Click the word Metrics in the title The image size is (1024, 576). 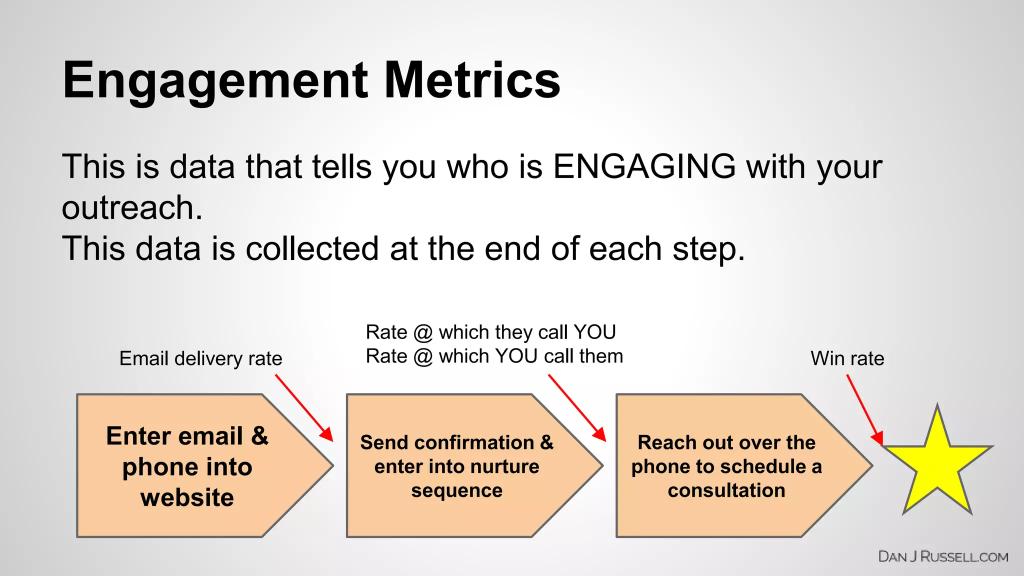[x=472, y=80]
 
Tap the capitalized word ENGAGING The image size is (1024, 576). [x=644, y=166]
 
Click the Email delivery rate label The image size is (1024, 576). [x=200, y=358]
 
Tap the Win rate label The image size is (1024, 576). [x=847, y=358]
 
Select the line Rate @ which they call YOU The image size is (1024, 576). [x=490, y=332]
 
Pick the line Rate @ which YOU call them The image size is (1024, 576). [x=494, y=356]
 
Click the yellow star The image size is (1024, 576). [x=937, y=465]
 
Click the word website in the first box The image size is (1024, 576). [x=187, y=497]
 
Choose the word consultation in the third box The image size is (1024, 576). [x=726, y=490]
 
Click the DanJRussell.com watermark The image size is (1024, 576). [x=943, y=556]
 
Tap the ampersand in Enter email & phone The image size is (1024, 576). [x=259, y=435]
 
